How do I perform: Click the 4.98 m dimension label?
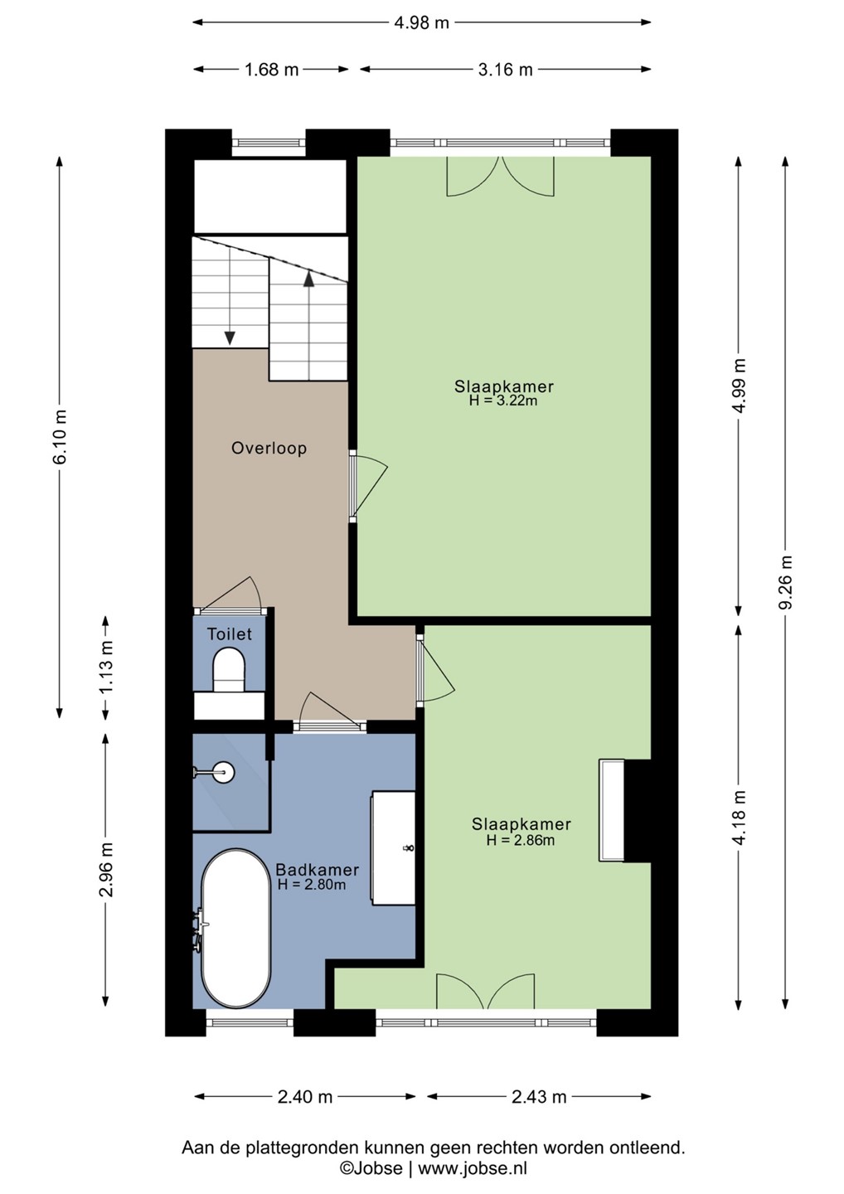(421, 23)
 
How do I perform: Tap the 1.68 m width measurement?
(271, 70)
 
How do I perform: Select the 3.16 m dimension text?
(505, 70)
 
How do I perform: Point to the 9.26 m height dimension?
(788, 582)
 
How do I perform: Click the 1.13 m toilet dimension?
(108, 666)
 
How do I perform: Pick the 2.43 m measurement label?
(539, 1096)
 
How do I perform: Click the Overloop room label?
(269, 449)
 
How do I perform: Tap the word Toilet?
(229, 634)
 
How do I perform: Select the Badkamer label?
(317, 870)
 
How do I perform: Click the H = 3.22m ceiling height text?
(503, 400)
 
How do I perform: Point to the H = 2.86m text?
(521, 841)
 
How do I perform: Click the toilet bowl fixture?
(229, 670)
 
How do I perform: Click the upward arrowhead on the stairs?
(308, 280)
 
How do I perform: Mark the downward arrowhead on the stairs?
(230, 338)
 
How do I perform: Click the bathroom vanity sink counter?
(393, 848)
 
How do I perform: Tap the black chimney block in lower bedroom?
(638, 810)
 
